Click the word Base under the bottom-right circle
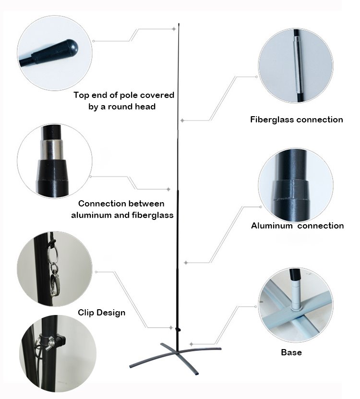[x=291, y=352]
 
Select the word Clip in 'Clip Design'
[x=86, y=313]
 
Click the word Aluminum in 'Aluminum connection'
[x=272, y=226]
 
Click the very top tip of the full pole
[x=179, y=24]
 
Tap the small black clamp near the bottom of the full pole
[x=178, y=329]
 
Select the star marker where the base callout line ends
[x=192, y=344]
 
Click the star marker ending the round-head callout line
[x=174, y=29]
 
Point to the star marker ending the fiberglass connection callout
[x=182, y=121]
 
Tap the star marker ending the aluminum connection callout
[x=186, y=263]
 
